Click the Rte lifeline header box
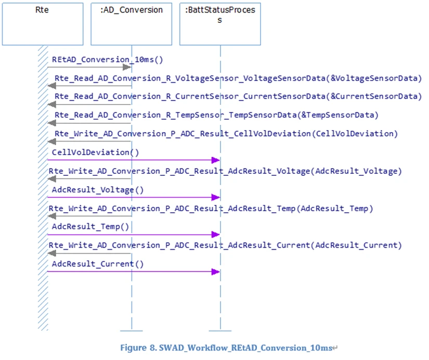[43, 23]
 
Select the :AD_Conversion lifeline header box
[131, 23]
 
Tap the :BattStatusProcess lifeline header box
[219, 23]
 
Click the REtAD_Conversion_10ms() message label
[108, 59]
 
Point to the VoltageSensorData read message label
[238, 78]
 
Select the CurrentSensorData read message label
[238, 96]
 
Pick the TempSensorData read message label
[217, 114]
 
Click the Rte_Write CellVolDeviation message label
[226, 133]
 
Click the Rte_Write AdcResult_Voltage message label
[225, 171]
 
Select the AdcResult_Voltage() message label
[98, 189]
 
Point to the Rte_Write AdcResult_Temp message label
[211, 208]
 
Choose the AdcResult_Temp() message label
[90, 227]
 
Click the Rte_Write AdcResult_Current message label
[225, 245]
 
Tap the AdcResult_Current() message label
[98, 264]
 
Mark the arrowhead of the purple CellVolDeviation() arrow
[216, 160]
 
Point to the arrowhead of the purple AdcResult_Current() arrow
[216, 272]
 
